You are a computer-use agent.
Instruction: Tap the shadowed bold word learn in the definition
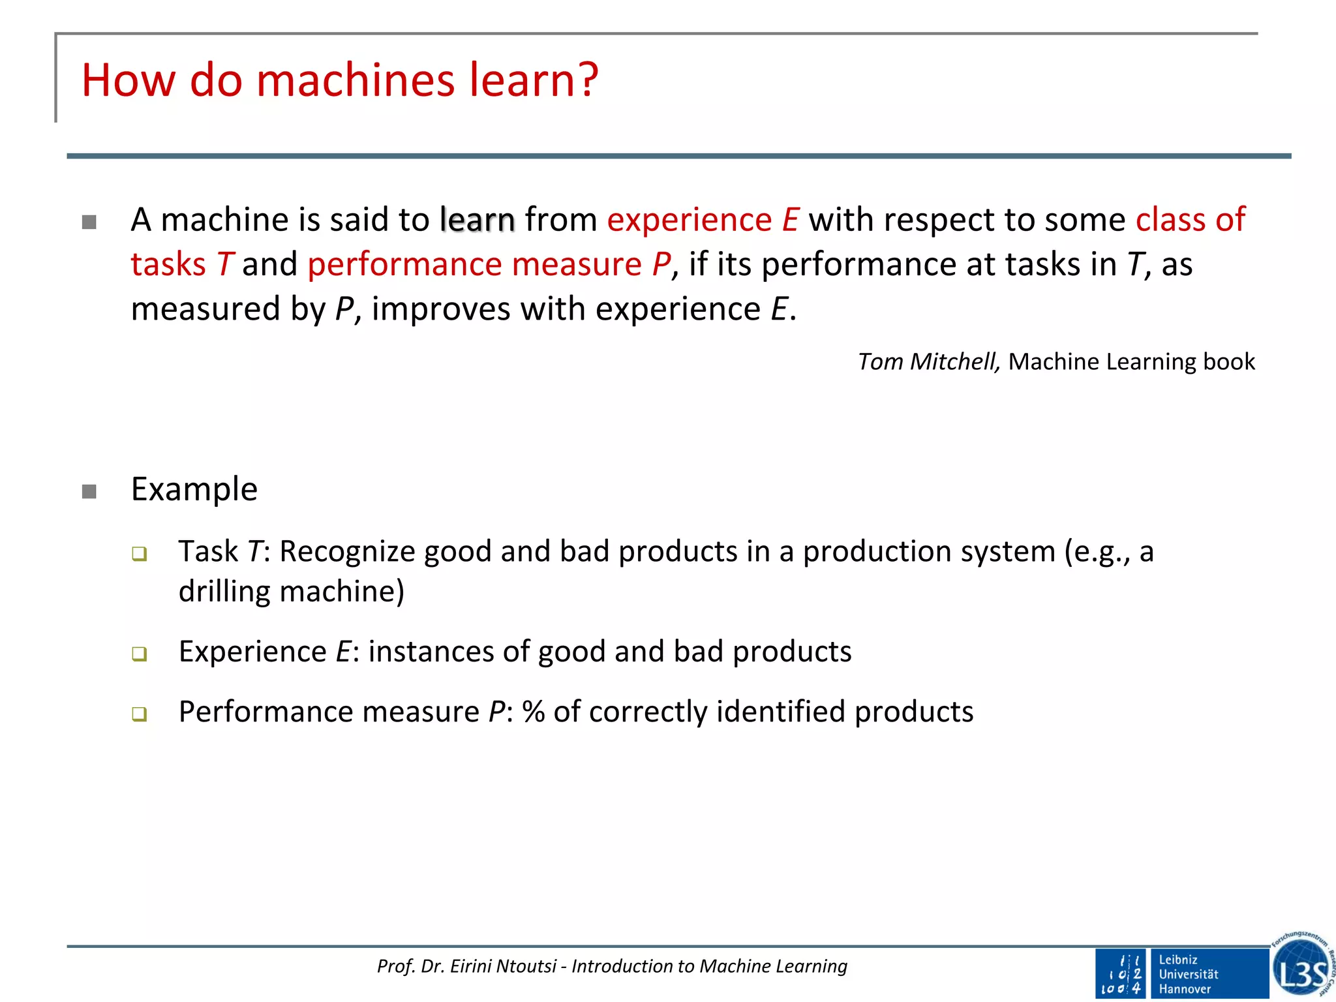(478, 220)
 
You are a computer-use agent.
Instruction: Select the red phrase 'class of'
(1190, 220)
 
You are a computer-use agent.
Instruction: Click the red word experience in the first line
(689, 220)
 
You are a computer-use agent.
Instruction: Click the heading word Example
(194, 489)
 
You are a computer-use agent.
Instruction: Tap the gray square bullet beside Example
(89, 491)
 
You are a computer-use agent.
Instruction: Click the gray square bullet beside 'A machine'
(89, 222)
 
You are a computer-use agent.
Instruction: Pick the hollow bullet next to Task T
(139, 554)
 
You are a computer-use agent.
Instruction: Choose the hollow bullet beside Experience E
(139, 654)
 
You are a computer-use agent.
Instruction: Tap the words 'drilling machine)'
(291, 592)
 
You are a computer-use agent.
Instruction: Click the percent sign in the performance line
(533, 712)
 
